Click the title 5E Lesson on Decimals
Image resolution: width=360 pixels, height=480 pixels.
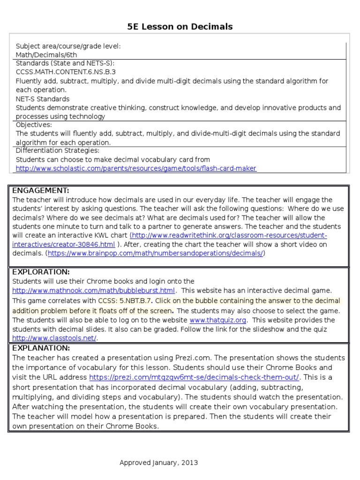(180, 27)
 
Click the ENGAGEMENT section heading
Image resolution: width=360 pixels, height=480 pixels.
(41, 190)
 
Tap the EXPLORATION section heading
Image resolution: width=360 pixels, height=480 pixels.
(41, 272)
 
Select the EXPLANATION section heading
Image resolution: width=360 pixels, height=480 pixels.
(41, 348)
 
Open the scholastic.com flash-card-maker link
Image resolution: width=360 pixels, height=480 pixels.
(136, 168)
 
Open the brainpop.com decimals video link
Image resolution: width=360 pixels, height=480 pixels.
(155, 253)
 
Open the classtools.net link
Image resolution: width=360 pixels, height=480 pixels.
(54, 338)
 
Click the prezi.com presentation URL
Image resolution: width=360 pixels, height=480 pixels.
(194, 377)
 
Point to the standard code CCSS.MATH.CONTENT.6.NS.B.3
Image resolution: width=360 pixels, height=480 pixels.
(66, 72)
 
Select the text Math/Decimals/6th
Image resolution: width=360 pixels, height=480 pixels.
(46, 55)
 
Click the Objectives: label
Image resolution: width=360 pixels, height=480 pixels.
(34, 125)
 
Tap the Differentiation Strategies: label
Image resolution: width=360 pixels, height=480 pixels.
(58, 150)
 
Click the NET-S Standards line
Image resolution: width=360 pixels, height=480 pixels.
(43, 99)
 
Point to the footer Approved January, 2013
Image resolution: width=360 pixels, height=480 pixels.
(158, 463)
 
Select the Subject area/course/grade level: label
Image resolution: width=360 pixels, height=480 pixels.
(68, 46)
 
